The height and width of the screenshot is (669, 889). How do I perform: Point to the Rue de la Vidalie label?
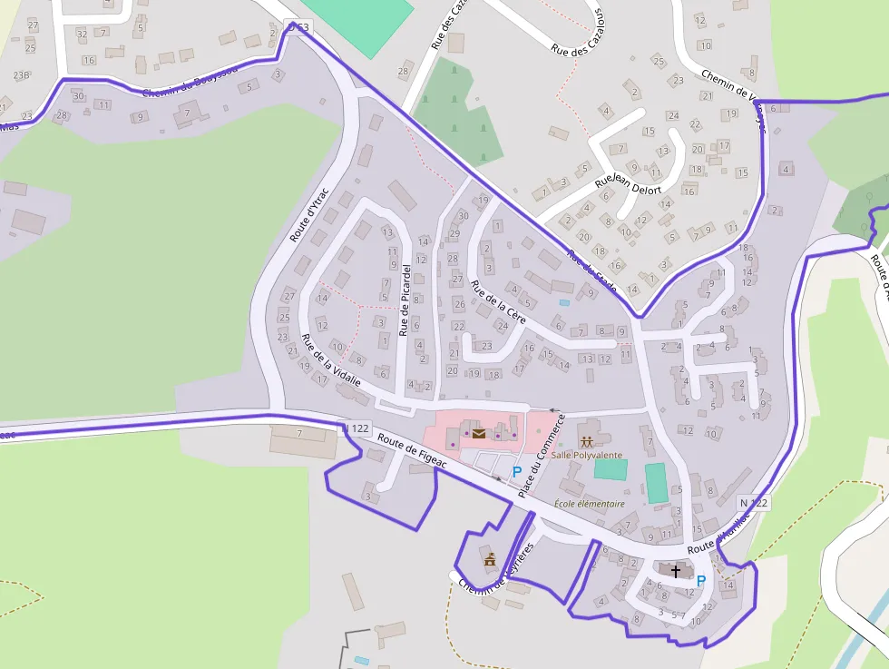[x=331, y=360]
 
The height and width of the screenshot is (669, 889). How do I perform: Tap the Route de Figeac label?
[x=414, y=451]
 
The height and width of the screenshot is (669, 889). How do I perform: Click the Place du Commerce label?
[x=542, y=455]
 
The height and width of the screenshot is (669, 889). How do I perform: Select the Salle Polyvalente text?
[x=586, y=455]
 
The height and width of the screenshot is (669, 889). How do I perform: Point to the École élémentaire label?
[x=590, y=504]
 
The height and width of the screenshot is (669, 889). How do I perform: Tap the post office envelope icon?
[x=478, y=433]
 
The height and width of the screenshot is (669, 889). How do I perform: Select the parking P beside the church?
[x=700, y=580]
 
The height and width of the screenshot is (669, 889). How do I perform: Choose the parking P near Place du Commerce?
[x=517, y=471]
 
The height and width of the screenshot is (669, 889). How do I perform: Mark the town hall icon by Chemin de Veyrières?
[x=490, y=559]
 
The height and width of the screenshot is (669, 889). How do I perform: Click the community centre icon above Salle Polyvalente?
[x=586, y=441]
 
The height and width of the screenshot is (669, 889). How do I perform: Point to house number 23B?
[x=22, y=75]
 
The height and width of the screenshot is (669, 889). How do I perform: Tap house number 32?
[x=82, y=34]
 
